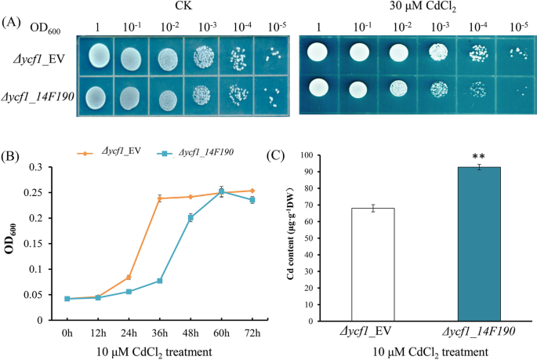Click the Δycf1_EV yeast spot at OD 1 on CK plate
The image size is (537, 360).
pyautogui.click(x=99, y=56)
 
